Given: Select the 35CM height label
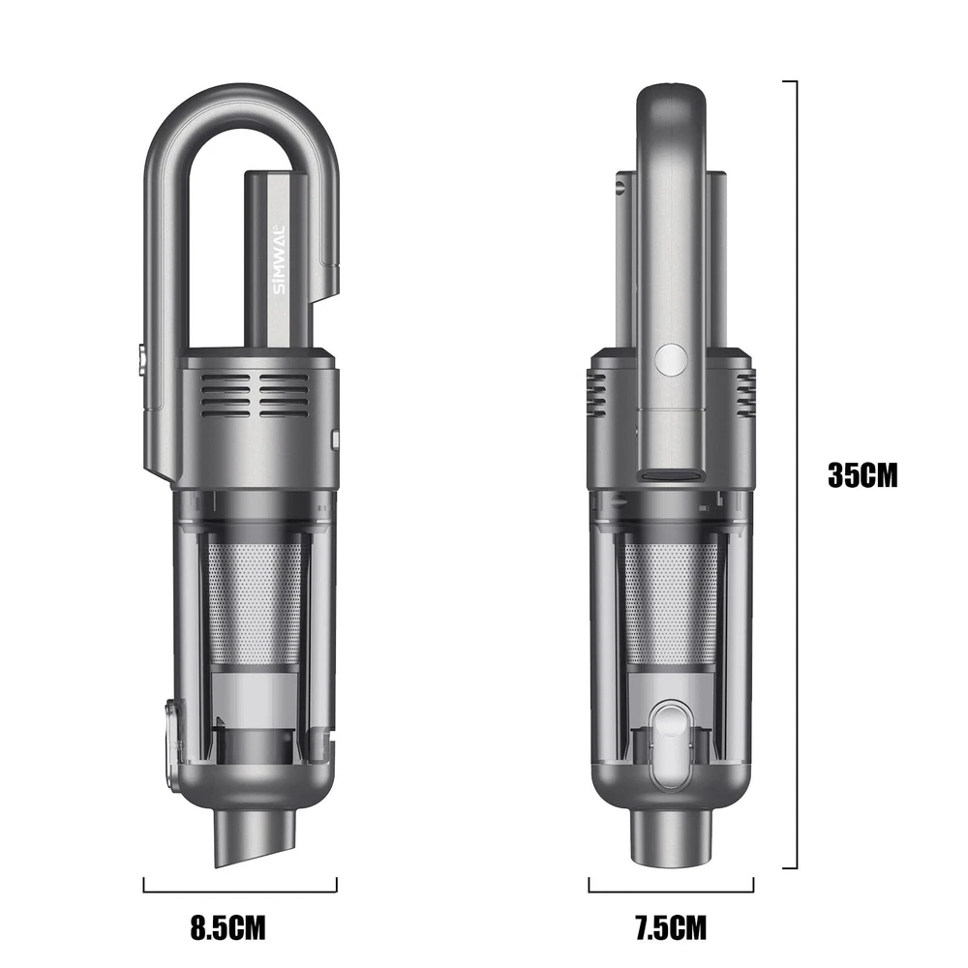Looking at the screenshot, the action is [x=862, y=475].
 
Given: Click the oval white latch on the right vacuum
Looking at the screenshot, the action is [x=671, y=746].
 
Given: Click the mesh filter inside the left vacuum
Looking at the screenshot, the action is [x=256, y=602].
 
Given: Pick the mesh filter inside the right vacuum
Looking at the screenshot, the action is [x=671, y=602].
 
